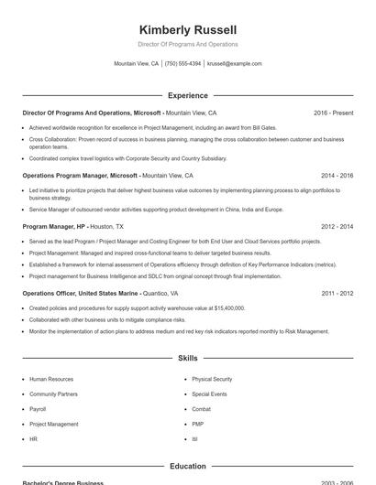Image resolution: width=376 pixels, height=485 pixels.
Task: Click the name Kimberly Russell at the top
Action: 187,29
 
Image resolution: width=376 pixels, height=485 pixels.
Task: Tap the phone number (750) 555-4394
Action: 182,64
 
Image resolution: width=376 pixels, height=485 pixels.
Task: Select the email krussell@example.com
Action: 235,64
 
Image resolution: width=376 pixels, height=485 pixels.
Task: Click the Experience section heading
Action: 187,95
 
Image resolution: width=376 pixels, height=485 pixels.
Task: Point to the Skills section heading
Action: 187,359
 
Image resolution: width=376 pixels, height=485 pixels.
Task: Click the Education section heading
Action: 187,466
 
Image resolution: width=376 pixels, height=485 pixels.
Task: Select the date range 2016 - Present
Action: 333,113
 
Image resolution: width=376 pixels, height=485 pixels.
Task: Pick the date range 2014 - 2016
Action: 337,175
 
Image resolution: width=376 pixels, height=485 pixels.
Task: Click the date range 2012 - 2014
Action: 337,226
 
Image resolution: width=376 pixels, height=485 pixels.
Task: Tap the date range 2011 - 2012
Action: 337,294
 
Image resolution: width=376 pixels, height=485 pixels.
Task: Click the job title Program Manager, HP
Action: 54,226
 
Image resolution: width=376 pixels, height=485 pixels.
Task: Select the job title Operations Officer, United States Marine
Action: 81,294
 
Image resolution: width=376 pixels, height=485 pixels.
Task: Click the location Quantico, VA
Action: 169,294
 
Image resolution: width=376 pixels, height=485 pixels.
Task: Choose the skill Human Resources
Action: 51,379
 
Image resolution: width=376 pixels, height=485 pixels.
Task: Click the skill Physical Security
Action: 212,379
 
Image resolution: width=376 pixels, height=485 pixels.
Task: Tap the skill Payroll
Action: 38,409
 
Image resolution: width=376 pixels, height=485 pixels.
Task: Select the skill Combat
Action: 201,409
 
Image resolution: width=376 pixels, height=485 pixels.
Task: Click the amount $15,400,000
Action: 226,308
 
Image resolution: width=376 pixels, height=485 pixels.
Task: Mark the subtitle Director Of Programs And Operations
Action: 187,44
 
